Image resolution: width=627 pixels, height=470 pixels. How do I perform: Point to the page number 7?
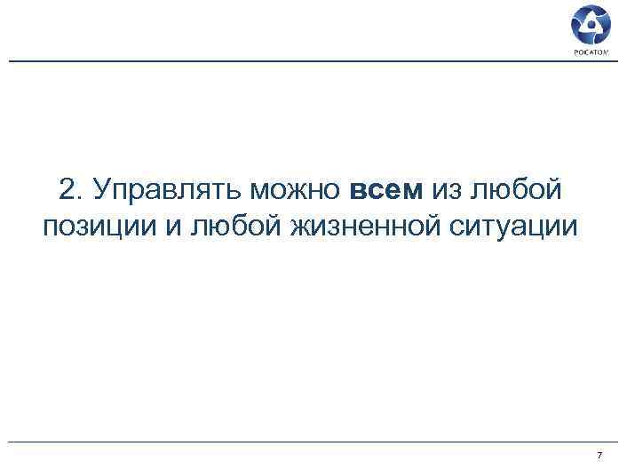(x=600, y=455)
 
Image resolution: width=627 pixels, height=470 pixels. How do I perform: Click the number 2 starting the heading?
(x=67, y=189)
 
